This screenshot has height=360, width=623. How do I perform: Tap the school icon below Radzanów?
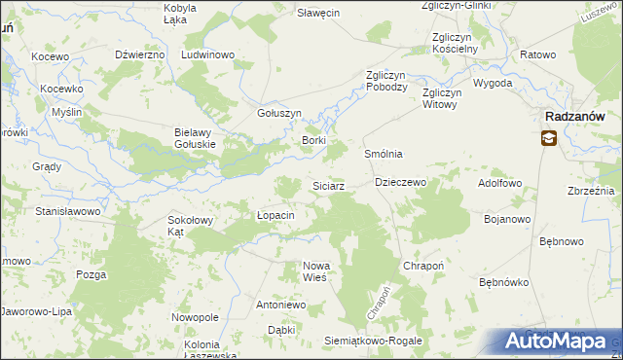[x=550, y=139]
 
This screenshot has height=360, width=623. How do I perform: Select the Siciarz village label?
[x=327, y=186]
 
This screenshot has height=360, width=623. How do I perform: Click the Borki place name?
[x=313, y=140]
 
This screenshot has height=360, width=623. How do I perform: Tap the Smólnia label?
[x=384, y=155]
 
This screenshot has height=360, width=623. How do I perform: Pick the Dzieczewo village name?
[x=401, y=182]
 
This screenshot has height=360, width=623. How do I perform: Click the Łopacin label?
[x=275, y=215]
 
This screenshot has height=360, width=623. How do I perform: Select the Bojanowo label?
[x=507, y=219]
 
